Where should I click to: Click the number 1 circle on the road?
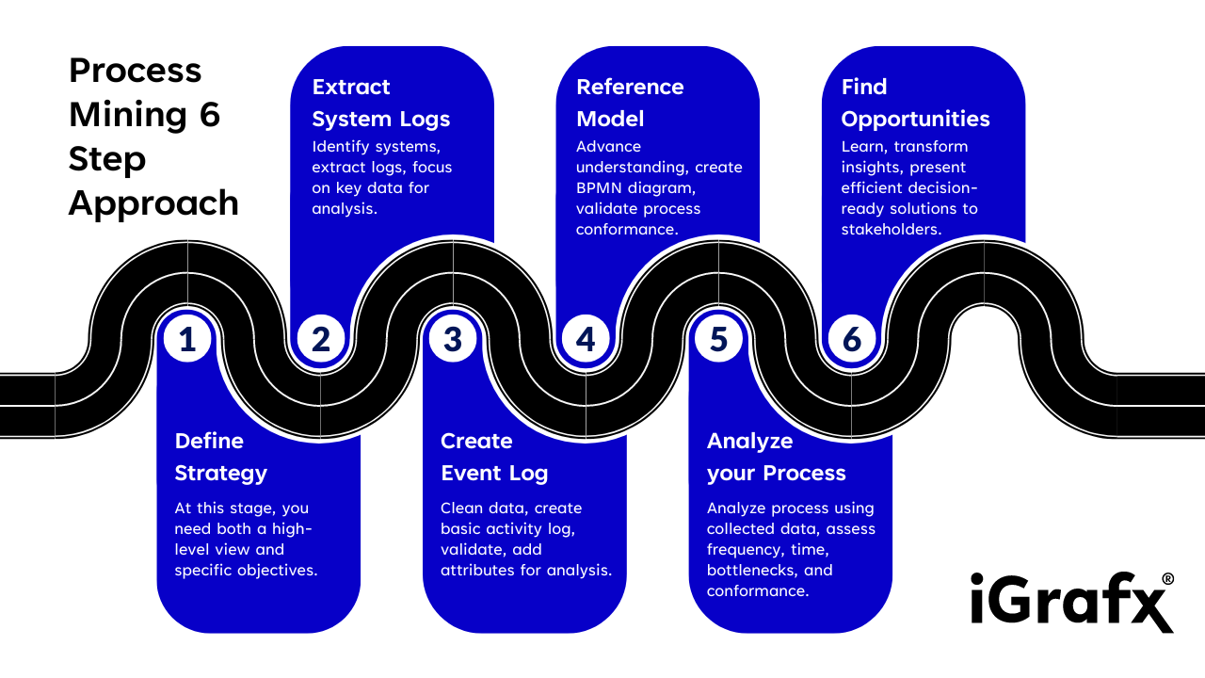pos(187,339)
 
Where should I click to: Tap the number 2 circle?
pos(321,339)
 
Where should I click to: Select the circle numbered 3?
pos(453,339)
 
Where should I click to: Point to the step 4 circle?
pos(586,339)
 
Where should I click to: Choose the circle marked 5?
pos(719,339)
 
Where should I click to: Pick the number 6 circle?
pos(852,339)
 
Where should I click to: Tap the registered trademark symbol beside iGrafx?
pos(1167,579)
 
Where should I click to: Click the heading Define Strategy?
pos(221,457)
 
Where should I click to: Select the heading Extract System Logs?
pos(381,103)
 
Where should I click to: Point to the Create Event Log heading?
pos(494,457)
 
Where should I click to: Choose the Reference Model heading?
pos(630,103)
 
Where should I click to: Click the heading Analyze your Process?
pos(777,457)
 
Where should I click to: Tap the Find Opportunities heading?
pos(915,103)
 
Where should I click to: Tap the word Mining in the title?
pos(128,114)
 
